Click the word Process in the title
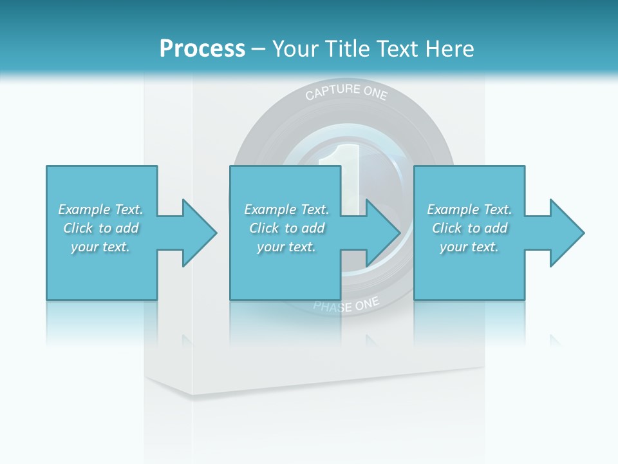(202, 49)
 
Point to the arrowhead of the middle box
(382, 233)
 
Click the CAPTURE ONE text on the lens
(346, 93)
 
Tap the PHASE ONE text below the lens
(346, 305)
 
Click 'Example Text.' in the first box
(100, 209)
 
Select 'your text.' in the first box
(100, 247)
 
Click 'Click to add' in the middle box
(286, 228)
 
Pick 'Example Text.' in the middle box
(286, 209)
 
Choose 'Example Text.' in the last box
(469, 209)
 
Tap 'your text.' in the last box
(469, 247)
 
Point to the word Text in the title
(398, 49)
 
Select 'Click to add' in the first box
(100, 228)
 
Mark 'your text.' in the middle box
(286, 247)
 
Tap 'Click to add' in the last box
(469, 228)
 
